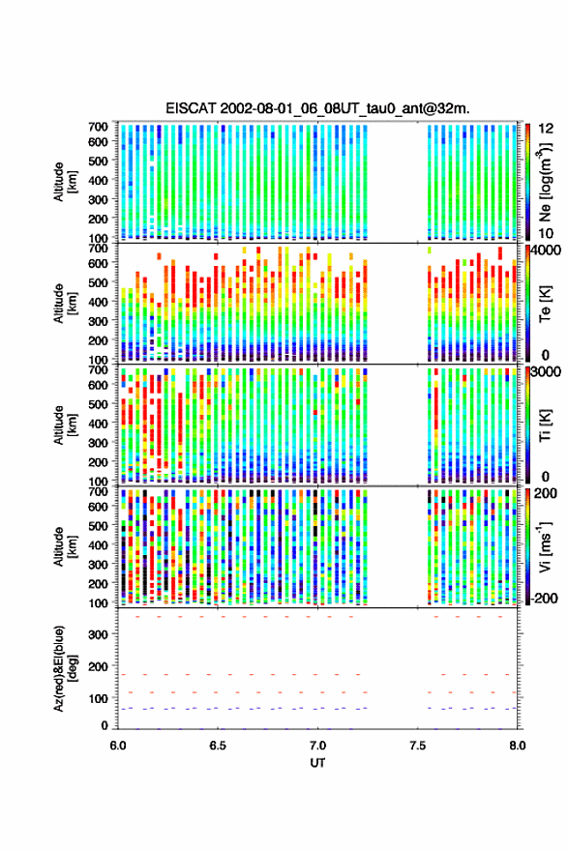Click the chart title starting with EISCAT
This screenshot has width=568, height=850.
317,108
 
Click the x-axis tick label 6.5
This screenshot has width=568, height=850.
218,746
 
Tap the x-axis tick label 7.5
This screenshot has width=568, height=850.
418,746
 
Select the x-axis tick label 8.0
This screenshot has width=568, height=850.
517,746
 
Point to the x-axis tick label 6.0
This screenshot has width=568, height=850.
118,746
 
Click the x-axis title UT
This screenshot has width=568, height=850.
317,763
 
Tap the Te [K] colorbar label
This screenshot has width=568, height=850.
545,304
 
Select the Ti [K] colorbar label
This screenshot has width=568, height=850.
545,425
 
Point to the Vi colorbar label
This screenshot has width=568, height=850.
545,546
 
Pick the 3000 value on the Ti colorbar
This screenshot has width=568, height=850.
547,372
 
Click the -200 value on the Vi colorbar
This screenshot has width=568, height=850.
545,598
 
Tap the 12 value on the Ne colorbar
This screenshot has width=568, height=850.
546,129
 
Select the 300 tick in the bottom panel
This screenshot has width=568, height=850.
98,634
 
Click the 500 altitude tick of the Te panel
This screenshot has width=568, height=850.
98,282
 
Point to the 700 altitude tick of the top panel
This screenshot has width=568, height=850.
98,127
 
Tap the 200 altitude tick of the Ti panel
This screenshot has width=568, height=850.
98,462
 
